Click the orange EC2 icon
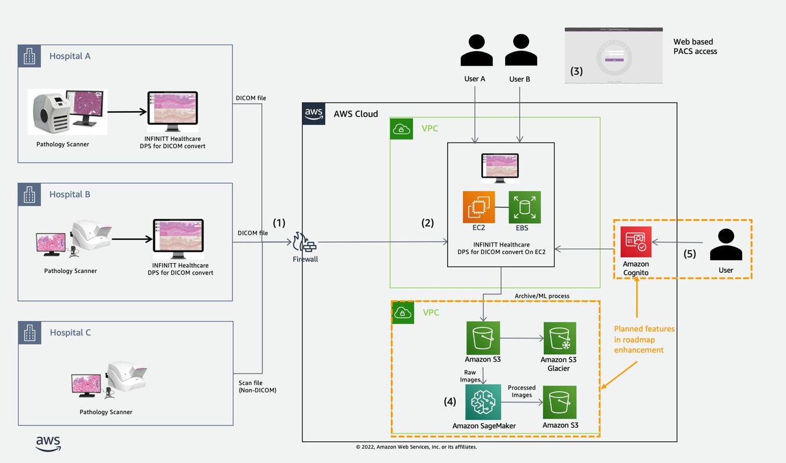[x=478, y=207]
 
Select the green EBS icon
[x=524, y=207]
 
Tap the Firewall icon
[x=305, y=243]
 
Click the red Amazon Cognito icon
[x=636, y=242]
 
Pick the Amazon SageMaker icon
[x=483, y=402]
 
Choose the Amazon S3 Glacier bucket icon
[x=559, y=338]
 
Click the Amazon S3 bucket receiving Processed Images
[x=559, y=402]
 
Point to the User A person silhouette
[x=476, y=51]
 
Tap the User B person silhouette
[x=521, y=51]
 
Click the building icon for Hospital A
[x=30, y=56]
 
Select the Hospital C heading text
[x=70, y=333]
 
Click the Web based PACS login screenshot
[x=613, y=55]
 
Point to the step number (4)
[x=450, y=401]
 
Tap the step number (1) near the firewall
[x=279, y=223]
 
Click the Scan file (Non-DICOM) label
[x=257, y=387]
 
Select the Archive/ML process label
[x=542, y=296]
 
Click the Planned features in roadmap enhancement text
[x=644, y=339]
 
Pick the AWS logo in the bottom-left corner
[x=48, y=443]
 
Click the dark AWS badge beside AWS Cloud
[x=314, y=113]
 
